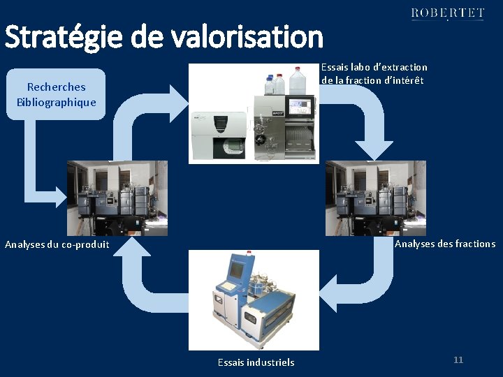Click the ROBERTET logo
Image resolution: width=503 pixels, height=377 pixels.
pyautogui.click(x=447, y=13)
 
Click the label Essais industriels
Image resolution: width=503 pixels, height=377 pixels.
pyautogui.click(x=256, y=362)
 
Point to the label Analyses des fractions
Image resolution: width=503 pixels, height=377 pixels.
pyautogui.click(x=445, y=244)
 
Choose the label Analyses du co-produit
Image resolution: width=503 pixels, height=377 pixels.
pyautogui.click(x=57, y=244)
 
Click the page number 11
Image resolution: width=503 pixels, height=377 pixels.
pyautogui.click(x=458, y=360)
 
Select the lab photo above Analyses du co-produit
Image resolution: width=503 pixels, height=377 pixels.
pyautogui.click(x=117, y=198)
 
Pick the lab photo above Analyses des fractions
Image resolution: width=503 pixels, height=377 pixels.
pyautogui.click(x=375, y=198)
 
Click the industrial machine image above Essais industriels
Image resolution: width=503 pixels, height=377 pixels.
pyautogui.click(x=254, y=300)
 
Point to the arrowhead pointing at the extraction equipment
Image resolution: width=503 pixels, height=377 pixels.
pyautogui.click(x=179, y=98)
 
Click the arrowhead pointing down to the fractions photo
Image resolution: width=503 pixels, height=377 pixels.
pyautogui.click(x=375, y=149)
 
